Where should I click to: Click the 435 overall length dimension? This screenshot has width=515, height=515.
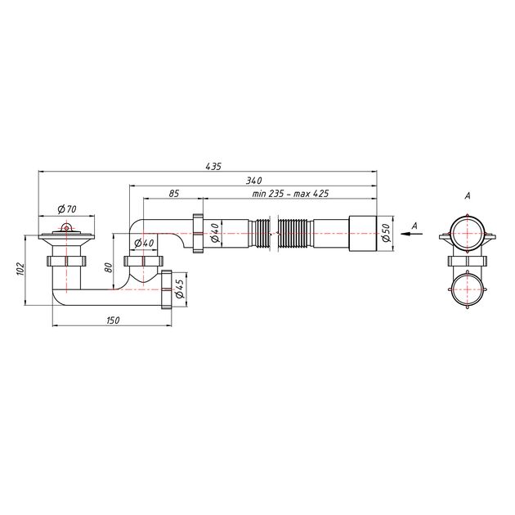click(213, 166)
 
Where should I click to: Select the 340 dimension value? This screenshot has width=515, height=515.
click(253, 181)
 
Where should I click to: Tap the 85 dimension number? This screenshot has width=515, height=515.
click(174, 194)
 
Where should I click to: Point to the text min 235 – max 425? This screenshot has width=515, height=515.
click(290, 194)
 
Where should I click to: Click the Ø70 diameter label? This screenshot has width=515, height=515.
click(67, 209)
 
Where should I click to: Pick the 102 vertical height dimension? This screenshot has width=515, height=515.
click(20, 269)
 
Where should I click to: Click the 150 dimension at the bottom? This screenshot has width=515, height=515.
click(113, 320)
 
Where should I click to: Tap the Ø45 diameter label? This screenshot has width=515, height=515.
click(180, 289)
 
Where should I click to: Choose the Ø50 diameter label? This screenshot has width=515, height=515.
click(386, 233)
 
